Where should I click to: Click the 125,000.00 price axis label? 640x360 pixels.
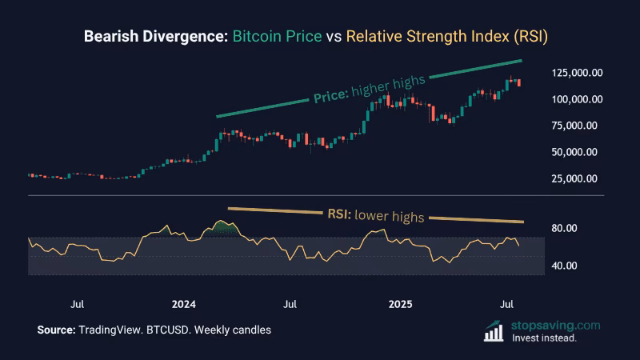coord(576,73)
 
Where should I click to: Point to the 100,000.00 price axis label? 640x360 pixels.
coord(576,99)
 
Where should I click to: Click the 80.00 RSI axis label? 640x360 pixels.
coord(565,228)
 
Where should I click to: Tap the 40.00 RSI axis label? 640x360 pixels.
coord(565,266)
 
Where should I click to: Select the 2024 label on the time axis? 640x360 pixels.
coord(184,305)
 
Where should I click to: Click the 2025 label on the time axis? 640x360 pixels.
coord(400,305)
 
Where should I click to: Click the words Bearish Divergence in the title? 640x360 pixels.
coord(154,37)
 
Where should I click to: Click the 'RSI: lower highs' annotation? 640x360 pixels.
coord(374,214)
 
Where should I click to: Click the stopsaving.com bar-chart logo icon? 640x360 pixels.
coord(496,330)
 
